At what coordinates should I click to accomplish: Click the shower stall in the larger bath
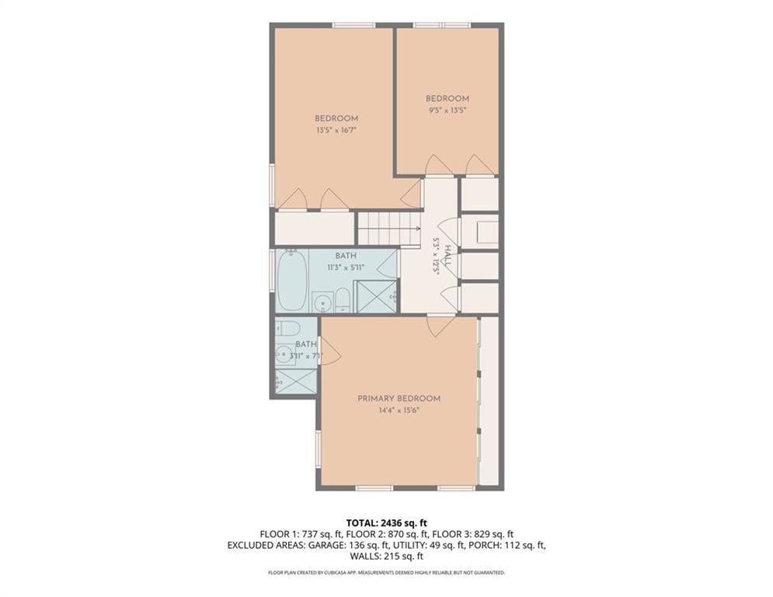point(375,296)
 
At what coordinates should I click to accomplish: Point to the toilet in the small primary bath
point(284,327)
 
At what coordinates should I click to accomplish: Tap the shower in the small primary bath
point(296,381)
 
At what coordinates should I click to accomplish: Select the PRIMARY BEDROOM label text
point(399,399)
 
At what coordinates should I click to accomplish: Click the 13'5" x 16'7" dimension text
point(336,131)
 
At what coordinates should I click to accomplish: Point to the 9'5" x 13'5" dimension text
point(447,110)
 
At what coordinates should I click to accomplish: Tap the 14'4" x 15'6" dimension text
point(399,410)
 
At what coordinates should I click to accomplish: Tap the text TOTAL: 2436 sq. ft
point(386,523)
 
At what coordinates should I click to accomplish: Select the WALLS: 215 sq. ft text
point(386,556)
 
